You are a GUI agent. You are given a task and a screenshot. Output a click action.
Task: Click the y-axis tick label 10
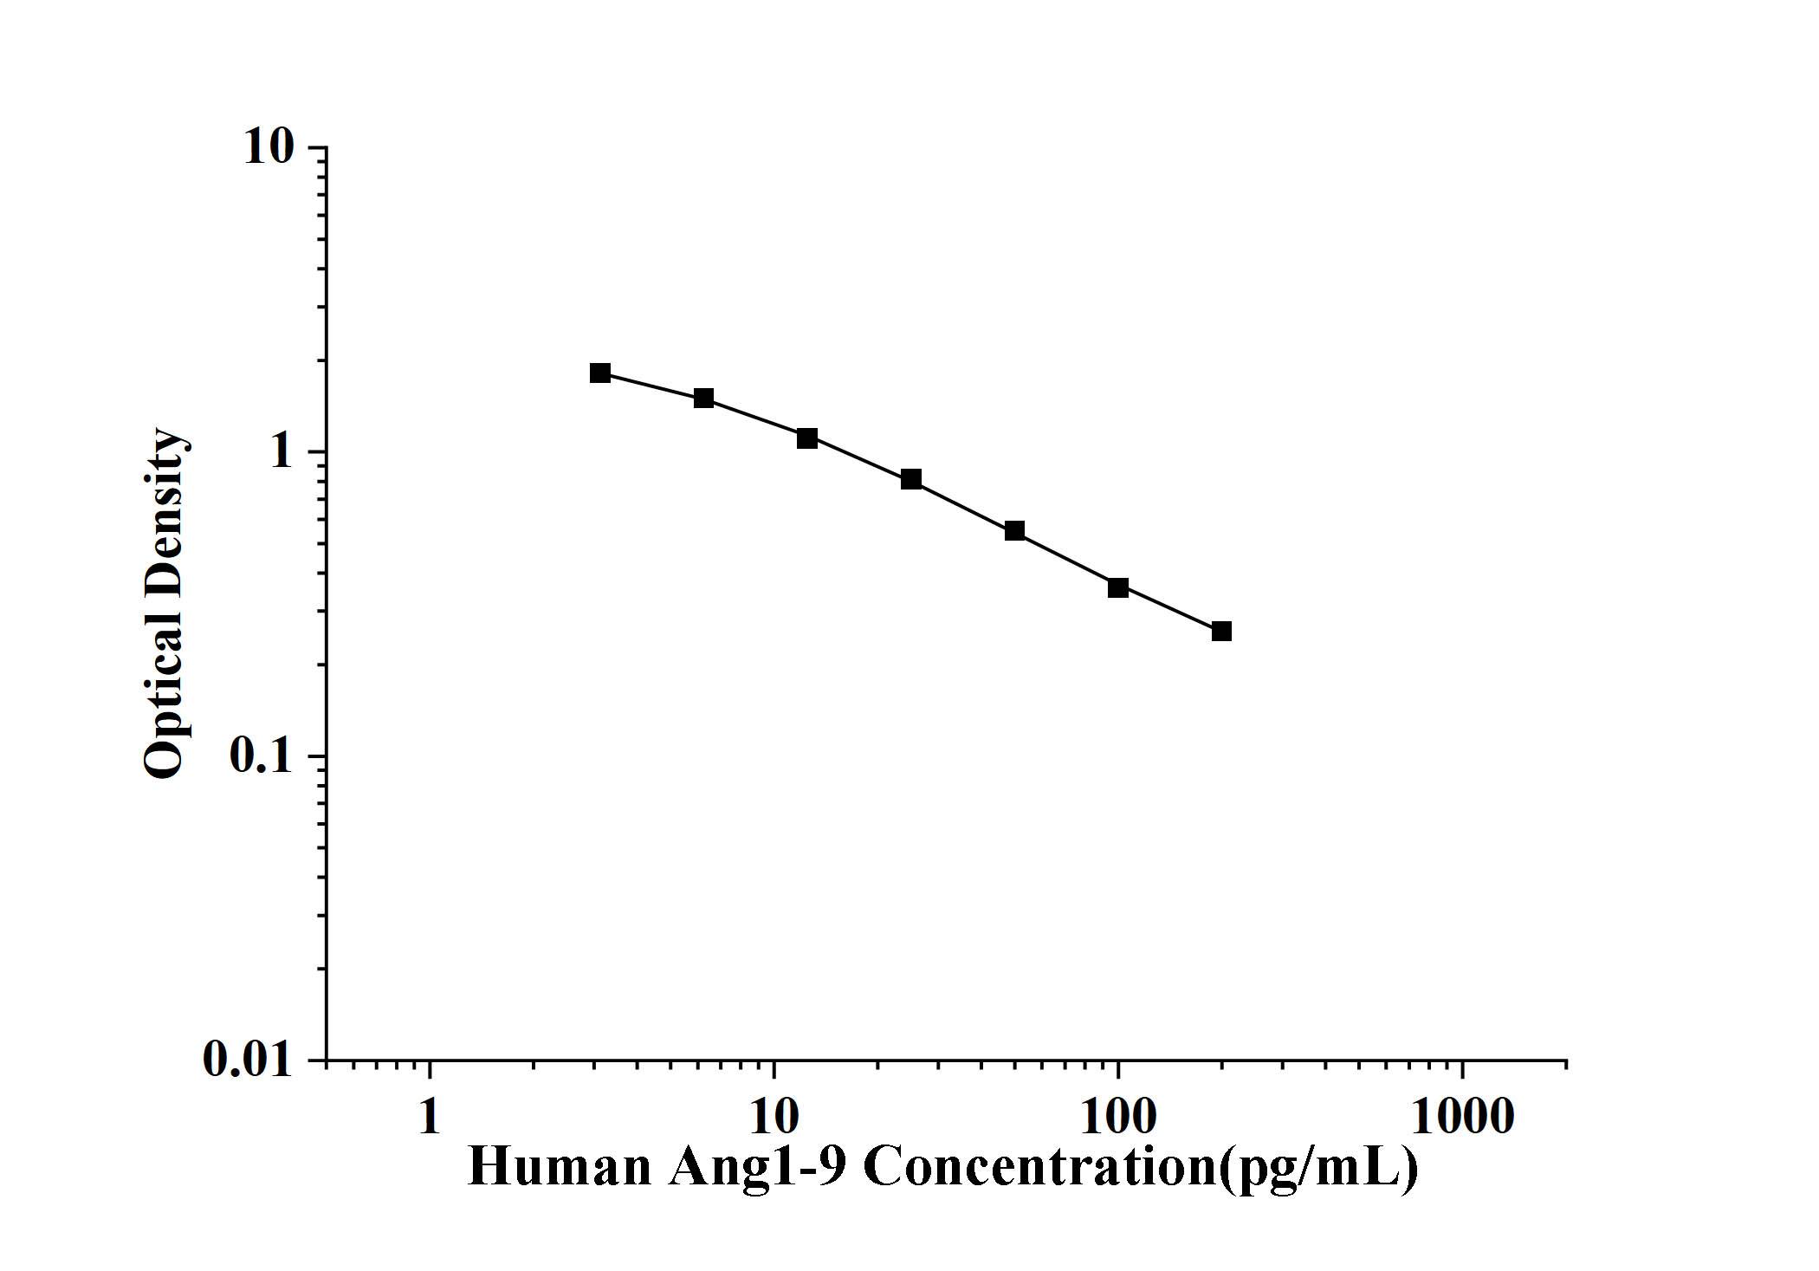pyautogui.click(x=269, y=147)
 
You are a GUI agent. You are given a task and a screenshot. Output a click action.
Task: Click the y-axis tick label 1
pyautogui.click(x=282, y=451)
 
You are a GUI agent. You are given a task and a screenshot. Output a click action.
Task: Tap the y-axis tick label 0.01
pyautogui.click(x=248, y=1059)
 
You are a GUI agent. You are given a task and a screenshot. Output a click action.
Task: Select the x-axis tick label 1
pyautogui.click(x=430, y=1117)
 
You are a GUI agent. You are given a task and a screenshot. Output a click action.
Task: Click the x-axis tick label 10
pyautogui.click(x=774, y=1117)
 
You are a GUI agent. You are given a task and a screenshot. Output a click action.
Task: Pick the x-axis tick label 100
pyautogui.click(x=1118, y=1117)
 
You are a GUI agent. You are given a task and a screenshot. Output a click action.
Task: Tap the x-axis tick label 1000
pyautogui.click(x=1463, y=1117)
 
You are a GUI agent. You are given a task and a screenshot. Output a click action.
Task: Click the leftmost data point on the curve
pyautogui.click(x=600, y=373)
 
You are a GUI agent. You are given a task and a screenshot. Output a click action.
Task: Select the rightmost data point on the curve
pyautogui.click(x=1221, y=631)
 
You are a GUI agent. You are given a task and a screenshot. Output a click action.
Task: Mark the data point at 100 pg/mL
pyautogui.click(x=1118, y=587)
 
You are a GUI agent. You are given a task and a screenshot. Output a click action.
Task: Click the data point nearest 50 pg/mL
pyautogui.click(x=1014, y=530)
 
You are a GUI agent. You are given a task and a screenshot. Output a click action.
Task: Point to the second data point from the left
pyautogui.click(x=703, y=399)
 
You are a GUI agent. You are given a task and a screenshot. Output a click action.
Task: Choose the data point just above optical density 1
pyautogui.click(x=807, y=438)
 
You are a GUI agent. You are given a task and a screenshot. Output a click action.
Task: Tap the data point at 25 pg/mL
pyautogui.click(x=911, y=479)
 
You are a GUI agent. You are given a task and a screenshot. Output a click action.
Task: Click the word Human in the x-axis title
pyautogui.click(x=560, y=1167)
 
